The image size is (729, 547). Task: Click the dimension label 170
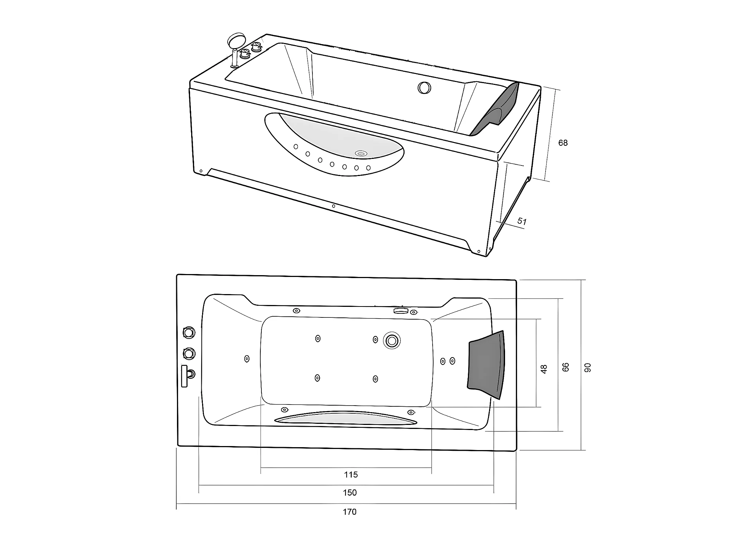pos(349,512)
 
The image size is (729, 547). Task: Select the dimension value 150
pos(349,493)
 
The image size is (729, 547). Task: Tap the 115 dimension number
pos(351,474)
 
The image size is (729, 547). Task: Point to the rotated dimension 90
pos(587,368)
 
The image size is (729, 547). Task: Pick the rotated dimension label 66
pos(566,367)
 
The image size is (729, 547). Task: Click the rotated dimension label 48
pos(544,369)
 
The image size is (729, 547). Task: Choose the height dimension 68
pos(563,143)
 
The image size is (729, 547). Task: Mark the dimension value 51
pos(522,221)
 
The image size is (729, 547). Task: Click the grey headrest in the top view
pos(486,364)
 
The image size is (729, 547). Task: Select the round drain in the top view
pos(392,341)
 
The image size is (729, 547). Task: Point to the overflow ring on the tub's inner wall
pos(424,87)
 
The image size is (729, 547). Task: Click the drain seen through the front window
pos(361,154)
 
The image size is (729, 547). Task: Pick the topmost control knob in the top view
pos(189,332)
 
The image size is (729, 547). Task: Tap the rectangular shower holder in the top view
pos(184,376)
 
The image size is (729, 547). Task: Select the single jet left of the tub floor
pos(247,359)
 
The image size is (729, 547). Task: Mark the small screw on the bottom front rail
pos(334,206)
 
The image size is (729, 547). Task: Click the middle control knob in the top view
pos(189,353)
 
